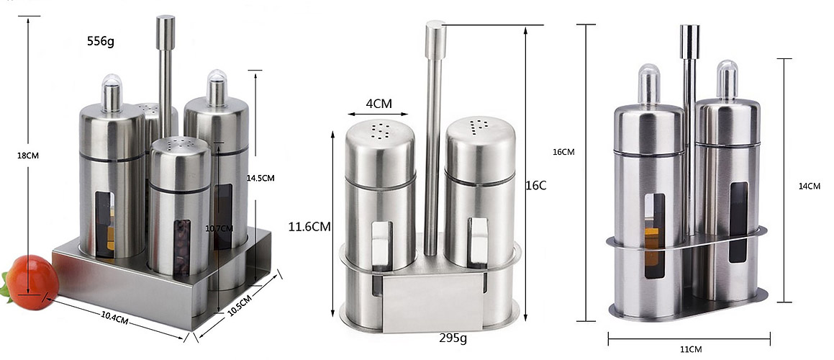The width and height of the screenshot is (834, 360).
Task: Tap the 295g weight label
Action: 453,338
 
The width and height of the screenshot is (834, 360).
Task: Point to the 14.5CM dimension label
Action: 261,177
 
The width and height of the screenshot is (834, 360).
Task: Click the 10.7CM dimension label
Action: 219,228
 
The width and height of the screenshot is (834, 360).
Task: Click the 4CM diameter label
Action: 379,104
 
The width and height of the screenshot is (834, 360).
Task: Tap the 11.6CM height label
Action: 309,227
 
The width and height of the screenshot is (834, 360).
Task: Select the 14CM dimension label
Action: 810,186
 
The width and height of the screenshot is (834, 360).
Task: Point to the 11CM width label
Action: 689,349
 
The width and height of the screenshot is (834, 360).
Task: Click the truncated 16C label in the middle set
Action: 537,186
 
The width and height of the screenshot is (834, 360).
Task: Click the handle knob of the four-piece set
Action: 166,30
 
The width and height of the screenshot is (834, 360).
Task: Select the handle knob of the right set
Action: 689,40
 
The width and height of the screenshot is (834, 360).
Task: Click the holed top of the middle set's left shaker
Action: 379,132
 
